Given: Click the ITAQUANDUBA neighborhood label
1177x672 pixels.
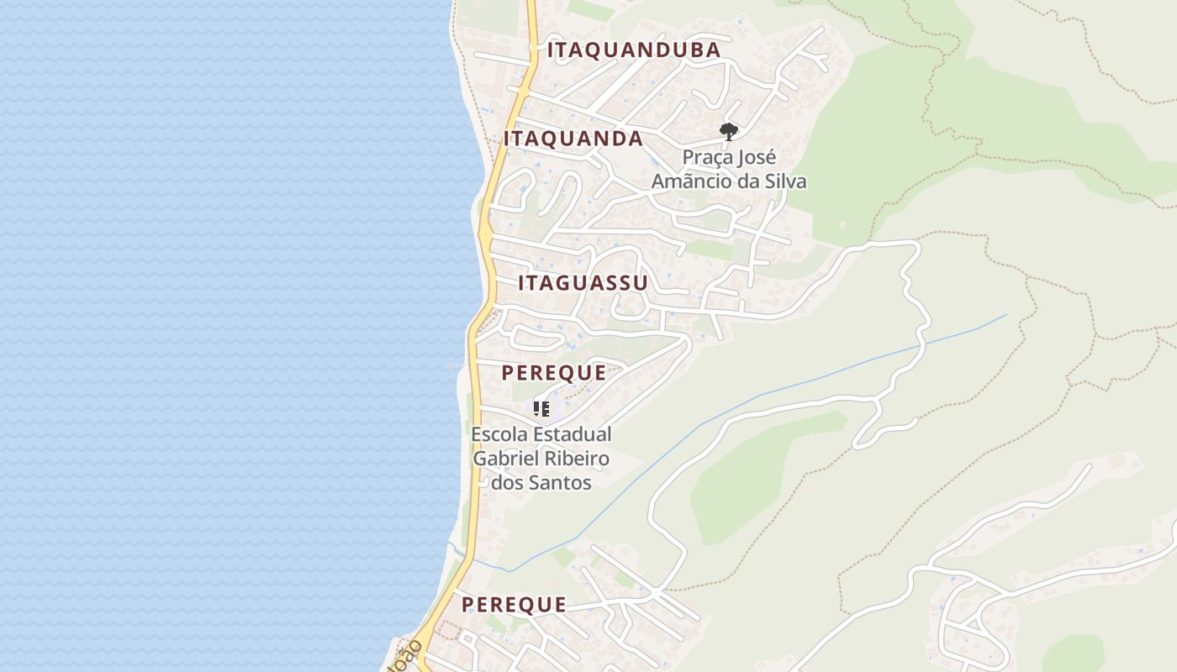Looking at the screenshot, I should [x=634, y=50].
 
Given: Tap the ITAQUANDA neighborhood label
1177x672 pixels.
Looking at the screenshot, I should [x=573, y=139].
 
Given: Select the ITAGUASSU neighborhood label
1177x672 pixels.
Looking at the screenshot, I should [x=583, y=283].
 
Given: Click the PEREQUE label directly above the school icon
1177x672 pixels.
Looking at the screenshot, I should [x=553, y=373].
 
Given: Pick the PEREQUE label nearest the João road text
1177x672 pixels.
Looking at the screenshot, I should [x=513, y=605].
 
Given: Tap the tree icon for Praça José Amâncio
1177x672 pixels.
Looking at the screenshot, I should [x=728, y=131].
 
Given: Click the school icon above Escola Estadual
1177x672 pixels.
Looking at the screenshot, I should [x=541, y=409].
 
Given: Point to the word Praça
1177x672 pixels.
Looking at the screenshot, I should [x=705, y=158].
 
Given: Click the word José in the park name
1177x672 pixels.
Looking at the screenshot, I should [x=756, y=158].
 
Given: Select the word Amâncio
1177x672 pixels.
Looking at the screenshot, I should [x=694, y=181].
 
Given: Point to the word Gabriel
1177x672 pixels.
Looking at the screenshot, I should [x=504, y=459].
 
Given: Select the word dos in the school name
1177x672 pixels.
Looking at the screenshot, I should [x=508, y=483].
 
